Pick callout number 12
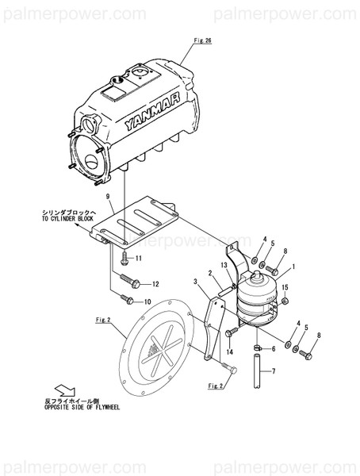[x=155, y=284]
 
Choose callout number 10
[x=147, y=302]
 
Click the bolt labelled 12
[x=130, y=279]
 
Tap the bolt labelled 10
[x=126, y=298]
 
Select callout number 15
[x=285, y=287]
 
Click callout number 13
[x=224, y=264]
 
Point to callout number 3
[x=195, y=281]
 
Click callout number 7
[x=274, y=371]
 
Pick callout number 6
[x=274, y=348]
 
